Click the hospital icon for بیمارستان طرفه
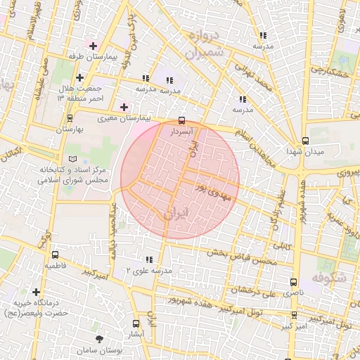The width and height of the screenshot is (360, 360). pyautogui.click(x=94, y=46)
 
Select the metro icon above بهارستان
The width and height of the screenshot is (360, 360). pyautogui.click(x=69, y=118)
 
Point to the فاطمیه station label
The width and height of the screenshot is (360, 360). pyautogui.click(x=56, y=266)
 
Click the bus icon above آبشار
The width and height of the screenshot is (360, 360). pyautogui.click(x=136, y=324)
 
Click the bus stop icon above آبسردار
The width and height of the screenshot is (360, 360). pyautogui.click(x=182, y=120)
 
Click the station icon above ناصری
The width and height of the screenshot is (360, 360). pyautogui.click(x=293, y=281)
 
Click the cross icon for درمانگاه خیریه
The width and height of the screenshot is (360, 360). pyautogui.click(x=36, y=292)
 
